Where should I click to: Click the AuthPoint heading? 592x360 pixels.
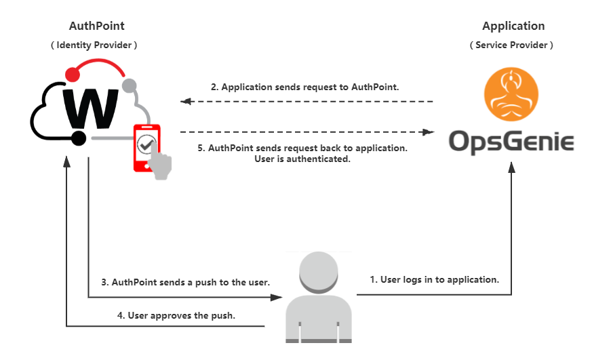[x=96, y=26]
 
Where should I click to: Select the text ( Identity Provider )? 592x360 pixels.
[x=96, y=45]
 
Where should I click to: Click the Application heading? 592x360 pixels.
[x=513, y=26]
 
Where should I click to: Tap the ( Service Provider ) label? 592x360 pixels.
[x=512, y=45]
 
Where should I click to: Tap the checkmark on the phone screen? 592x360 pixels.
[x=146, y=143]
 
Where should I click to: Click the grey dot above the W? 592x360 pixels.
[x=129, y=85]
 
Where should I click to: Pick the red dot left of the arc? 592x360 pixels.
[x=71, y=71]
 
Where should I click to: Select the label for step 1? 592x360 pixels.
[x=434, y=279]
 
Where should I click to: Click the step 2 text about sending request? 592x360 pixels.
[x=305, y=87]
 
